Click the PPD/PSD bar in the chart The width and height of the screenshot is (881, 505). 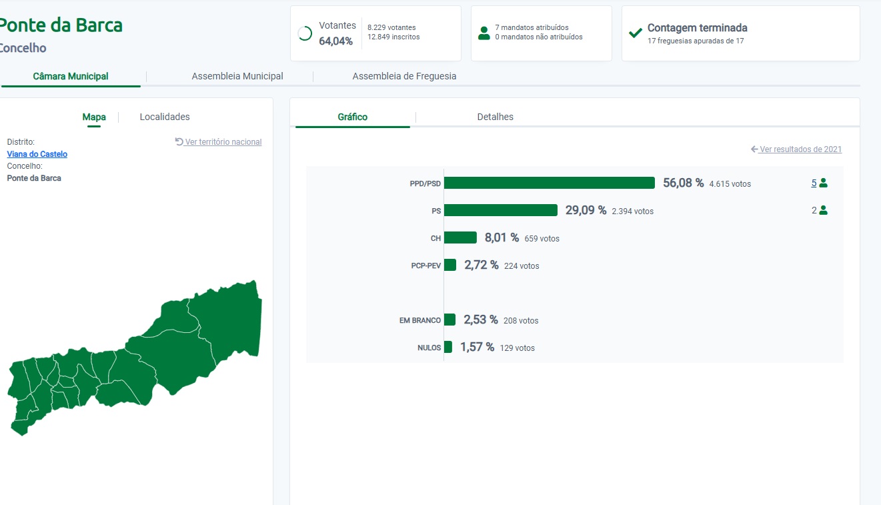tap(549, 183)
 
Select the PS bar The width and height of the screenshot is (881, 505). tap(501, 210)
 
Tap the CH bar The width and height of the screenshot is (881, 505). tap(460, 237)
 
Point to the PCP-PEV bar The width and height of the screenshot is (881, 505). tap(450, 265)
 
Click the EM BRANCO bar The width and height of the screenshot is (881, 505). tap(450, 320)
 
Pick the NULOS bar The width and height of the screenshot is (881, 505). tap(448, 347)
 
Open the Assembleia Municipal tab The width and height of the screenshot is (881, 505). tap(237, 76)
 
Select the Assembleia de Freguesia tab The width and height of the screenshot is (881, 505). tap(404, 76)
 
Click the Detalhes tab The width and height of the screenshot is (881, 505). tap(495, 117)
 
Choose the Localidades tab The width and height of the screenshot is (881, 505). tap(165, 117)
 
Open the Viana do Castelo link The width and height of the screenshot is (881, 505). tap(37, 154)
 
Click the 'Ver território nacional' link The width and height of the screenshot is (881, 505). tap(223, 142)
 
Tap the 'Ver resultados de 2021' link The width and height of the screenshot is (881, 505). tap(800, 149)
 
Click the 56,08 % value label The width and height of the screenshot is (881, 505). tap(683, 183)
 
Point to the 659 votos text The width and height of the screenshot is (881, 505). tap(542, 239)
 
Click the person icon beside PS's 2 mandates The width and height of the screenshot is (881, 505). tap(823, 210)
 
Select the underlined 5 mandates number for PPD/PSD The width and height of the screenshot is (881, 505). tap(814, 183)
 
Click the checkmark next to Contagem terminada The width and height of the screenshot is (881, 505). tap(636, 33)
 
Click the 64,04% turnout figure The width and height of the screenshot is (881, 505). tap(335, 41)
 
